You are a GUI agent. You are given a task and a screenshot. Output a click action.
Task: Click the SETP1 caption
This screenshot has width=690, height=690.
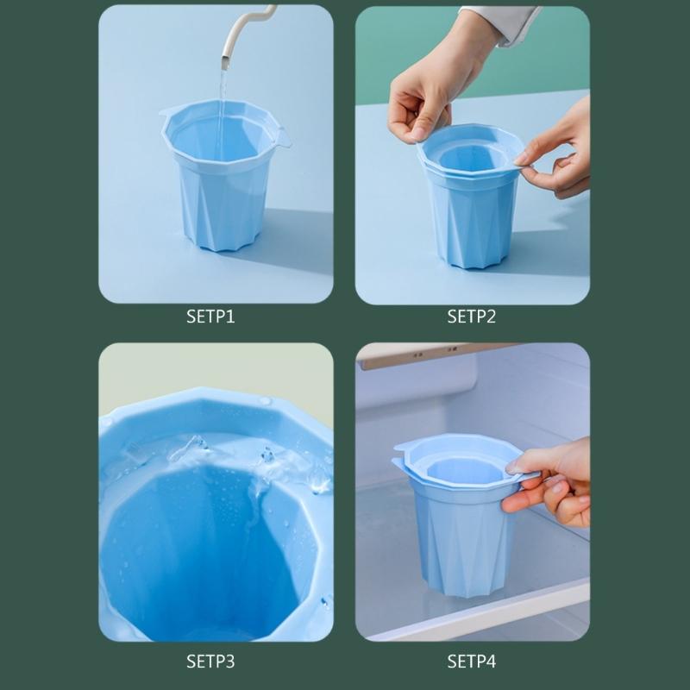pos(210,317)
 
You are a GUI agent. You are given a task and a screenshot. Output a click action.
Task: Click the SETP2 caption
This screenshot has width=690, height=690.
pos(471,317)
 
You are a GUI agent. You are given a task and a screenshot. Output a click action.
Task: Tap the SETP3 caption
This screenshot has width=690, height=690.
pos(210,662)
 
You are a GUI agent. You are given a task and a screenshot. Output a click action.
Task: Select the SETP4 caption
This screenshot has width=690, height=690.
pos(471,662)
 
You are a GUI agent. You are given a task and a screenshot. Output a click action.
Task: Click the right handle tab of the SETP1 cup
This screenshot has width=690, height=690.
pos(281,138)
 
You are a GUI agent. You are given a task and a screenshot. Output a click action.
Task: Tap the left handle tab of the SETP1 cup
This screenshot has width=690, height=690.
pos(169,111)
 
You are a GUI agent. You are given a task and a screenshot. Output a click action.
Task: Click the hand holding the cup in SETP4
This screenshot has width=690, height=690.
pos(552,483)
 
